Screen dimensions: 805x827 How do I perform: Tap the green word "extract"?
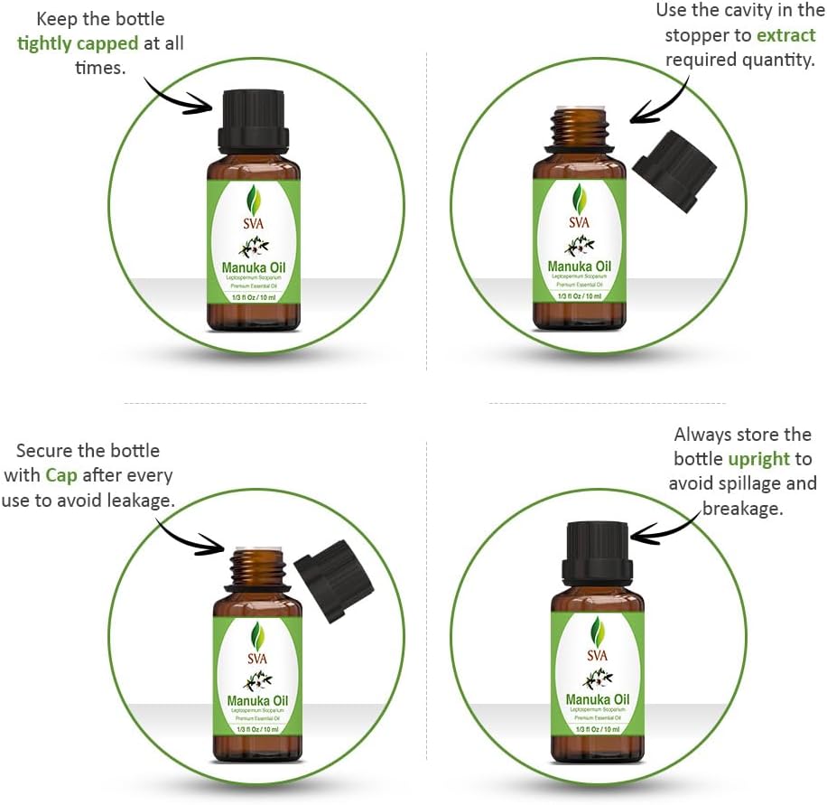(x=786, y=36)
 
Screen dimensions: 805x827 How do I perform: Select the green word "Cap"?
(x=61, y=474)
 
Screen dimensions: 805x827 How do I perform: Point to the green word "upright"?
(x=759, y=459)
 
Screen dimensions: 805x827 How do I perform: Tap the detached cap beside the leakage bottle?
(x=333, y=579)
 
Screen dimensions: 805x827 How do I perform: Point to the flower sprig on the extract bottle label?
(x=578, y=245)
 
